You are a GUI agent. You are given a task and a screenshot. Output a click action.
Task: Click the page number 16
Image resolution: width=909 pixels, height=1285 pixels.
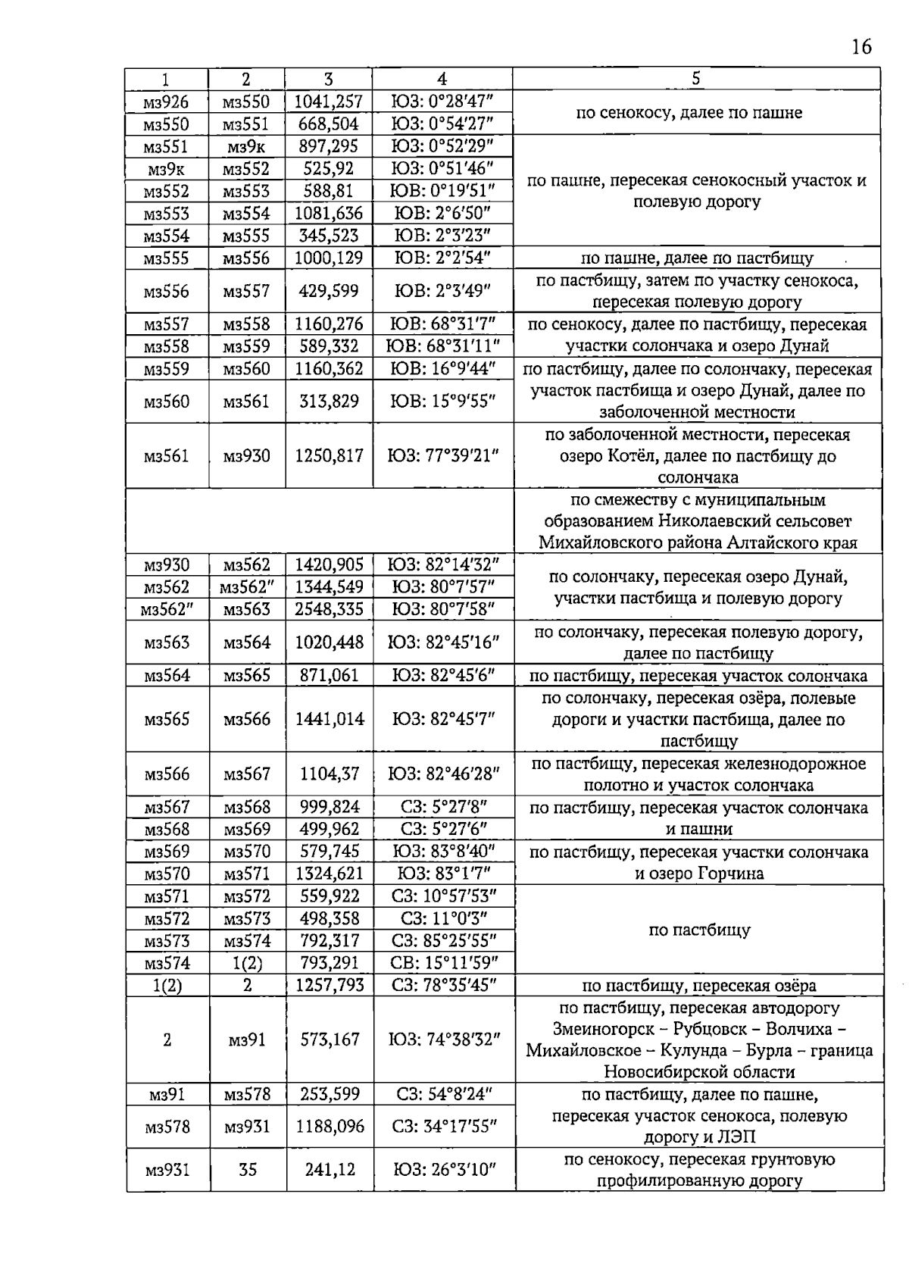861,47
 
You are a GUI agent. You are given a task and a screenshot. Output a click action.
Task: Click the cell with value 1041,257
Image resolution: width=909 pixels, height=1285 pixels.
328,102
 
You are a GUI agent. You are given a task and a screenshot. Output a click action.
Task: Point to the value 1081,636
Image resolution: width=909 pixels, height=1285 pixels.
328,214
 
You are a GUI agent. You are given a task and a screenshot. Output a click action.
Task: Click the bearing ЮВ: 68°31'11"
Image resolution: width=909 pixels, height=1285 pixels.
442,346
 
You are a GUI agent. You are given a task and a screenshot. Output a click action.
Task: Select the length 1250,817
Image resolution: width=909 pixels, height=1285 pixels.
329,455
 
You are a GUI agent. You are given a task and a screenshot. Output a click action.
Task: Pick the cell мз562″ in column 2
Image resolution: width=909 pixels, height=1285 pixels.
247,587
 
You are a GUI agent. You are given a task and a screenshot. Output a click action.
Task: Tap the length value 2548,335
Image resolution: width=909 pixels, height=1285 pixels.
329,609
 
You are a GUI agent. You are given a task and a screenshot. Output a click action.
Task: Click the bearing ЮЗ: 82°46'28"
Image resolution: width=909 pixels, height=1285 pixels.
443,774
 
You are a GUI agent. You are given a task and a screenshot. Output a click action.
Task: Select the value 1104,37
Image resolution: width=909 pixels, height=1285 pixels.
329,774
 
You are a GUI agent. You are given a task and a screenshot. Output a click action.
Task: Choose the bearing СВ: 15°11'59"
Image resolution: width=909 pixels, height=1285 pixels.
444,963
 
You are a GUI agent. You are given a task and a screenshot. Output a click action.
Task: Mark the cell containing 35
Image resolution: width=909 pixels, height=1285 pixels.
248,1170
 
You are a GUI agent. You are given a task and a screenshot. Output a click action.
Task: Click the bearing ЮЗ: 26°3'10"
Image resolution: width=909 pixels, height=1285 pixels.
444,1170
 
